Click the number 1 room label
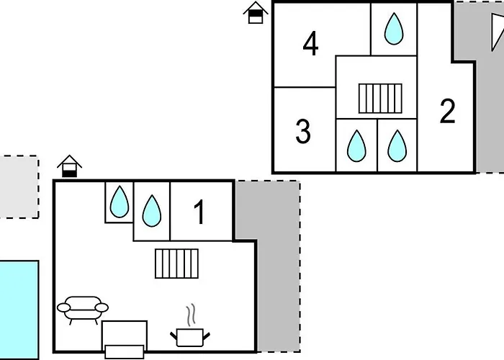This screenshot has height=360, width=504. pyautogui.click(x=200, y=212)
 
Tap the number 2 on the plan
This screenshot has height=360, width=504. pyautogui.click(x=447, y=112)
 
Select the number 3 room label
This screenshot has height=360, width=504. pyautogui.click(x=303, y=132)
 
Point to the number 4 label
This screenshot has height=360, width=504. pyautogui.click(x=310, y=45)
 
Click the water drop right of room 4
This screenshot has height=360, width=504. pyautogui.click(x=393, y=29)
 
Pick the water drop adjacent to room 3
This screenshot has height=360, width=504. pyautogui.click(x=356, y=146)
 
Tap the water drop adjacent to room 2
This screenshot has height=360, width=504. pyautogui.click(x=397, y=146)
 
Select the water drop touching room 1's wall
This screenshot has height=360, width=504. pyautogui.click(x=151, y=211)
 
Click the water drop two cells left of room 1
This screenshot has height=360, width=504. pyautogui.click(x=119, y=202)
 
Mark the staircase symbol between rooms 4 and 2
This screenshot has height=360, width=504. pyautogui.click(x=380, y=98)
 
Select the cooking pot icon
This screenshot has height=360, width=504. pyautogui.click(x=190, y=336)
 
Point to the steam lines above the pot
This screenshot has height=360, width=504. pyautogui.click(x=191, y=315)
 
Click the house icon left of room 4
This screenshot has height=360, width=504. pyautogui.click(x=254, y=13)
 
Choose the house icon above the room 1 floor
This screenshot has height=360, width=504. pyautogui.click(x=69, y=166)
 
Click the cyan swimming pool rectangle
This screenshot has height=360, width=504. pyautogui.click(x=18, y=310)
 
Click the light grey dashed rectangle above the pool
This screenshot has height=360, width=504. pyautogui.click(x=18, y=186)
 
